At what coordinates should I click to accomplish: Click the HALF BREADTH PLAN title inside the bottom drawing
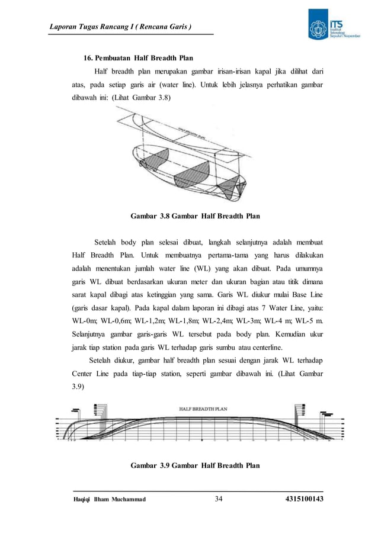tap(203, 408)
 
